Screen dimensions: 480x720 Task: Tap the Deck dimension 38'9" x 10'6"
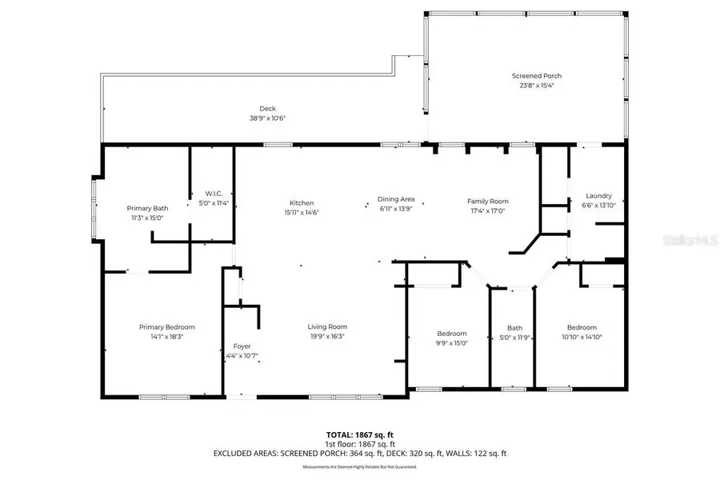pyautogui.click(x=267, y=118)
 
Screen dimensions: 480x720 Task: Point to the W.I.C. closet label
pyautogui.click(x=214, y=194)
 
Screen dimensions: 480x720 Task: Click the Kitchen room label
pyautogui.click(x=302, y=202)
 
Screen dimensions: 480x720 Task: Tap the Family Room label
pyautogui.click(x=488, y=202)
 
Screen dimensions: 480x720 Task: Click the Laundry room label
pyautogui.click(x=598, y=196)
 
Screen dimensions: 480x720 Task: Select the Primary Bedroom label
pyautogui.click(x=167, y=326)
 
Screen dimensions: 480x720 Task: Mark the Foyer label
pyautogui.click(x=242, y=346)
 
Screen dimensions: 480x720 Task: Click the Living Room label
pyautogui.click(x=327, y=326)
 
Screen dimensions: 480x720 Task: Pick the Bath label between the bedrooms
pyautogui.click(x=514, y=328)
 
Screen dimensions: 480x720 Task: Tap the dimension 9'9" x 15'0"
pyautogui.click(x=451, y=343)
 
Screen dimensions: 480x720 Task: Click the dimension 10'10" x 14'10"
pyautogui.click(x=582, y=337)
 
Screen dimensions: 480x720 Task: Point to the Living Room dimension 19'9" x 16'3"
pyautogui.click(x=327, y=337)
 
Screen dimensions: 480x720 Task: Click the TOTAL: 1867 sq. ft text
pyautogui.click(x=359, y=435)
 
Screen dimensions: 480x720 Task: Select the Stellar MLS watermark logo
pyautogui.click(x=690, y=239)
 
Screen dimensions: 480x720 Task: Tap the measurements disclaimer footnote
pyautogui.click(x=359, y=466)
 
